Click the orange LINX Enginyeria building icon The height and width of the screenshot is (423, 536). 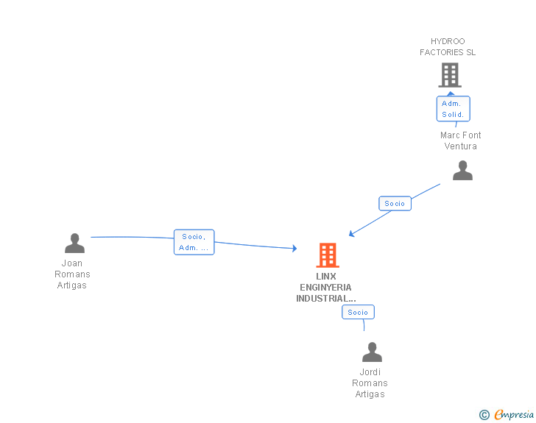point(328,255)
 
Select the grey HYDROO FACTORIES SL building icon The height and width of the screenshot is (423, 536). point(449,75)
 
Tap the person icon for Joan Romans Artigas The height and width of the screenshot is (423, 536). point(74,243)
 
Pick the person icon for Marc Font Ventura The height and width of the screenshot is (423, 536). point(462,171)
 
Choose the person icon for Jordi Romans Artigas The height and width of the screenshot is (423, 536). point(372,352)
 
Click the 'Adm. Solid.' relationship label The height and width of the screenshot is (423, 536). point(453,109)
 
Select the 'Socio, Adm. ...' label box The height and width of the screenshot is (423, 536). point(194,242)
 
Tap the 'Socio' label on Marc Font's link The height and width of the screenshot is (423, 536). point(395,204)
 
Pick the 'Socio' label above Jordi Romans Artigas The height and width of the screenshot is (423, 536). point(358,312)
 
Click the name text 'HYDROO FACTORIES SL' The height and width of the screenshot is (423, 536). point(448,47)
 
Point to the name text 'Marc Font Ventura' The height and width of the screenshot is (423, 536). point(461,141)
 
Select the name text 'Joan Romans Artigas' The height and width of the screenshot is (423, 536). point(72,274)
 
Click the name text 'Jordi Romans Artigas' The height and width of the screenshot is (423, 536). point(370,383)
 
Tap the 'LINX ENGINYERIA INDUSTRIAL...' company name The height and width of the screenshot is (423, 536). point(325,288)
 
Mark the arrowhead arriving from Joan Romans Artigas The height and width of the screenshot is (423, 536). point(294,249)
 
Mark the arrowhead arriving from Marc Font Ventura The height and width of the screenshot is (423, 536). point(352,235)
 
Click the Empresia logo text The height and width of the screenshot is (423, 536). point(514,415)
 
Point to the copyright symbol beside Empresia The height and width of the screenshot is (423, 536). point(484,415)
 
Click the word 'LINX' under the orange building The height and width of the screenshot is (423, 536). point(326,277)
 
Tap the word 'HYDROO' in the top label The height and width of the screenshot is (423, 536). point(448,41)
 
